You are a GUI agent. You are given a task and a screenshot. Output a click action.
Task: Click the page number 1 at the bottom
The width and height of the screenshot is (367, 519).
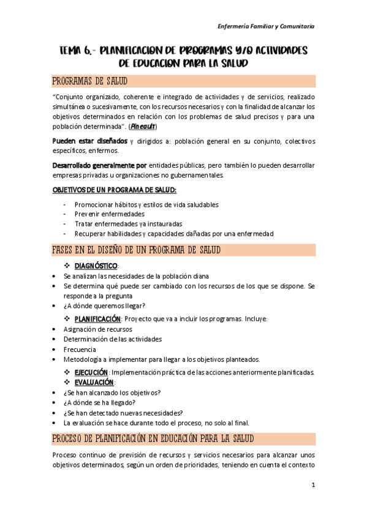(x=312, y=485)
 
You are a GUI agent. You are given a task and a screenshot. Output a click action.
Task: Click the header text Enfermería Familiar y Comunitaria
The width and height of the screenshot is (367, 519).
(x=267, y=26)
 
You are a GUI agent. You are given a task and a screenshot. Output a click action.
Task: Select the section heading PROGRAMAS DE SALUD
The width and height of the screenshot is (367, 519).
(x=90, y=81)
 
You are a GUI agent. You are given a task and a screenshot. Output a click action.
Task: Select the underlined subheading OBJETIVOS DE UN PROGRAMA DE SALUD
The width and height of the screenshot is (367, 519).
(x=114, y=190)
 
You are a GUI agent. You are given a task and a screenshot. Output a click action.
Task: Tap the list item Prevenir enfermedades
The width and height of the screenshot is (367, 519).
(x=109, y=214)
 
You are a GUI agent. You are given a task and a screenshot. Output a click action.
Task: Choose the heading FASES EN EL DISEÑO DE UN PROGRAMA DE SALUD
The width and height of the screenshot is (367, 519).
(x=137, y=250)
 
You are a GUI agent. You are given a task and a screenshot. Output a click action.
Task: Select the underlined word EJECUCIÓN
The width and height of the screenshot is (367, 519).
(x=91, y=373)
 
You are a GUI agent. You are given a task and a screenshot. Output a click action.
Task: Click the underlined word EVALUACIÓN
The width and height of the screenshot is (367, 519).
(x=94, y=383)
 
